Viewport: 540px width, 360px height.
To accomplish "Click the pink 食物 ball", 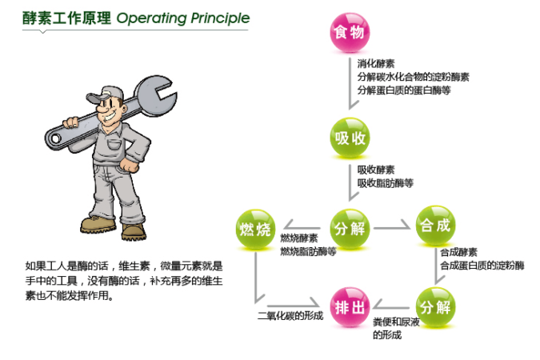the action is point(350,32).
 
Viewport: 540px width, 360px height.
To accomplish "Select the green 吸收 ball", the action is point(350,138).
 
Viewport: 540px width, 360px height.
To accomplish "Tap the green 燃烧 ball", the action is point(255,229).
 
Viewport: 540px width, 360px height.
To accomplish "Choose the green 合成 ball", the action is point(435,226).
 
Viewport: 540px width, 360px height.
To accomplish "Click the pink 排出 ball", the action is point(350,307).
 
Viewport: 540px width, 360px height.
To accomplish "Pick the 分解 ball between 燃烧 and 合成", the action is point(350,229).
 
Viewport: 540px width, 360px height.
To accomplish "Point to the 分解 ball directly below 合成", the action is point(435,307).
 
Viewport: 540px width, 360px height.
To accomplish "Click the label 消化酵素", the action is point(376,64).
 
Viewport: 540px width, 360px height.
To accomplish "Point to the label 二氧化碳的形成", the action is point(290,315).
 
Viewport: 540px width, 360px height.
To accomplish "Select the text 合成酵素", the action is point(458,253).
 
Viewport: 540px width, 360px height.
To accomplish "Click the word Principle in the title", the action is point(220,18).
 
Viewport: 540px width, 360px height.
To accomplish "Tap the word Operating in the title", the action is point(152,18).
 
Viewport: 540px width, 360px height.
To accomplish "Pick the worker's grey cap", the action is point(105,94).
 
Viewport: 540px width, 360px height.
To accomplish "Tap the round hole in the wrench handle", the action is point(55,139).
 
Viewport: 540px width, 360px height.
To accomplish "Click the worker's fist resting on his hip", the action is point(130,165).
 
